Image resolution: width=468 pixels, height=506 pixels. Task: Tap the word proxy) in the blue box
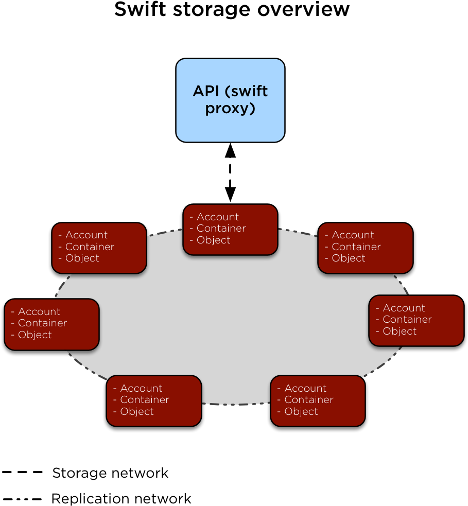[230, 109]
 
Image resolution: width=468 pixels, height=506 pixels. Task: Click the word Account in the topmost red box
[217, 217]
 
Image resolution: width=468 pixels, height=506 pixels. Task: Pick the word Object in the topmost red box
[213, 240]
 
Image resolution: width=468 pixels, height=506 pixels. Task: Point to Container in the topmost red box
[221, 228]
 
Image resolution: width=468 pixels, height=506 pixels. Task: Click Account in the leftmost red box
[39, 311]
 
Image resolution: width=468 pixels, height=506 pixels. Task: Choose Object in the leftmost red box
[34, 335]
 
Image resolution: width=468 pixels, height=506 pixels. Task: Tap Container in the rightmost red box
[407, 319]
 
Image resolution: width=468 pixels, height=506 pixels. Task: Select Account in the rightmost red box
[404, 308]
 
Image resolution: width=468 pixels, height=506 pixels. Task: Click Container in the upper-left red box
[90, 247]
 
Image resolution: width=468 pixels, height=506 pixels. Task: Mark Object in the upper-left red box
[82, 258]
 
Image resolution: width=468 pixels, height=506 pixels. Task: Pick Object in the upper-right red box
[348, 258]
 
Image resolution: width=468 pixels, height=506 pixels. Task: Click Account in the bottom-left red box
[141, 388]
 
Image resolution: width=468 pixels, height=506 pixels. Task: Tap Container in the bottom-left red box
[144, 399]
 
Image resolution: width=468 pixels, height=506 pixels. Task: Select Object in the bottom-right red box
[301, 411]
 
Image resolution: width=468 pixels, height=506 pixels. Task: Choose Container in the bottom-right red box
[308, 399]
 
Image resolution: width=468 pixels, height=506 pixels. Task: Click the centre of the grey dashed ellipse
[232, 317]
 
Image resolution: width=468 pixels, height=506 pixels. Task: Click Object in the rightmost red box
[399, 331]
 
